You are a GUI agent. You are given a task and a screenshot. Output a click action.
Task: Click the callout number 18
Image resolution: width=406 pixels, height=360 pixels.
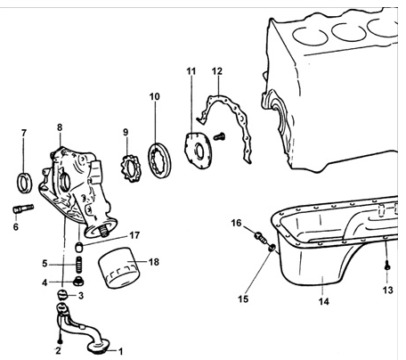154,262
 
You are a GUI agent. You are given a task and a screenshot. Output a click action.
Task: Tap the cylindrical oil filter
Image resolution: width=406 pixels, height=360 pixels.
118,268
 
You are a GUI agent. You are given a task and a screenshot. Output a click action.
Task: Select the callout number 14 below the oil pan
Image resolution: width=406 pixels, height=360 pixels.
324,301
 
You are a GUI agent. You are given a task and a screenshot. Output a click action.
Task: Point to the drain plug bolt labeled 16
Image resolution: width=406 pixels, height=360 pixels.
260,237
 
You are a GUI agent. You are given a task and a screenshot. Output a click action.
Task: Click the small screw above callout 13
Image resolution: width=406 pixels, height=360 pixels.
387,266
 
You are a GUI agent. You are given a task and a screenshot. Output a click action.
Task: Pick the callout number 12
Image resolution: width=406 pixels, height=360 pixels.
217,71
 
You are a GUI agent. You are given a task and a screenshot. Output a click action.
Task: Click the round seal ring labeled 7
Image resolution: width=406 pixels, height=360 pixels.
24,183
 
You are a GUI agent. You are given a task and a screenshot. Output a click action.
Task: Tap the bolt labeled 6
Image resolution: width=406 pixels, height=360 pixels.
23,209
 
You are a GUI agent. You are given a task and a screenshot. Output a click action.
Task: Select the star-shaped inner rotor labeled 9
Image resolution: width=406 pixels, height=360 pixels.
132,167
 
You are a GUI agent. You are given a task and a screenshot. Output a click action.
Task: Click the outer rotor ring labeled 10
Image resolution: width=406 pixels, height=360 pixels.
159,160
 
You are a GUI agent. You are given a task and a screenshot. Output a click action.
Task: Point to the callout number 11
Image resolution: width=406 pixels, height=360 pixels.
191,71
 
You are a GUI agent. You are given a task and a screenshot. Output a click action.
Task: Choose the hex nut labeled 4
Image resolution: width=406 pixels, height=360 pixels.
78,281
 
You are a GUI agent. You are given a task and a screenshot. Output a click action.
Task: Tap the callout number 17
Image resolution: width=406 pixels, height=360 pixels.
134,235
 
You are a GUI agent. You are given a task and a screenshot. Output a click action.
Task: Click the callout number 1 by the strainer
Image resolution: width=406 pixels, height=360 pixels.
120,352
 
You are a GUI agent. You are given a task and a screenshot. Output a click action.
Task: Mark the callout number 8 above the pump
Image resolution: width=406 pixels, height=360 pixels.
60,127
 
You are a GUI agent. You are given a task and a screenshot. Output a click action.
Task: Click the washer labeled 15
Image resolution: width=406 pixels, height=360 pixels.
272,248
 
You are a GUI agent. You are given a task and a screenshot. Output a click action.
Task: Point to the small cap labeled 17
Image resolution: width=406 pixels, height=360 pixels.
78,246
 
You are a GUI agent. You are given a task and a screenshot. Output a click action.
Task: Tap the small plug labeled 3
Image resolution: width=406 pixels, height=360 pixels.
61,296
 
